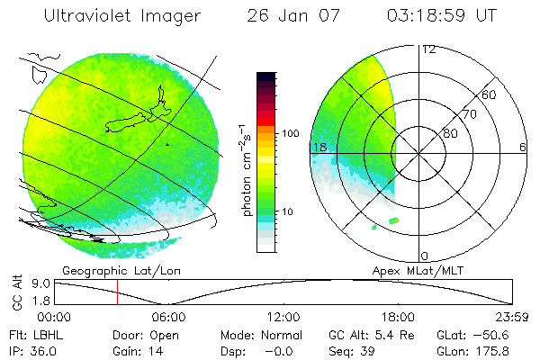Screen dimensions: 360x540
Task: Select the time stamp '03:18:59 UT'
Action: click(x=441, y=16)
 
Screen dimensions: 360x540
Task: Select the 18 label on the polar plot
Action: click(x=319, y=147)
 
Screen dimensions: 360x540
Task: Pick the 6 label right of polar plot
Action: click(x=523, y=147)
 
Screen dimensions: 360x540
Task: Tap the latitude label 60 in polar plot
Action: click(x=490, y=94)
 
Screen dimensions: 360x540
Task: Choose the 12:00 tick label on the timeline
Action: click(x=283, y=317)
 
